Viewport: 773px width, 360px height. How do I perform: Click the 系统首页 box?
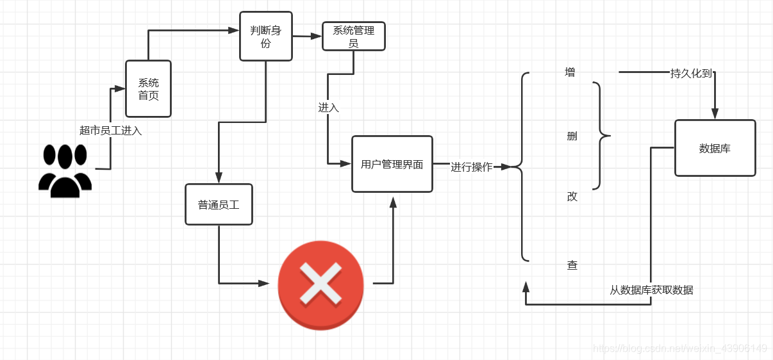pyautogui.click(x=148, y=89)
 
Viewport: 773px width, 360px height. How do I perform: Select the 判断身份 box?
pyautogui.click(x=265, y=37)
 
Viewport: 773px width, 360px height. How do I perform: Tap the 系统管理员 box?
pyautogui.click(x=353, y=37)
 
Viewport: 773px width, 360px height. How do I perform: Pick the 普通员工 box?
pyautogui.click(x=219, y=205)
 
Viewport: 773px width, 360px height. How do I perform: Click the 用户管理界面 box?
pyautogui.click(x=392, y=164)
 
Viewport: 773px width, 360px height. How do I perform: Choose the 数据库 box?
pyautogui.click(x=715, y=148)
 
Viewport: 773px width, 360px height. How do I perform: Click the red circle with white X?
pyautogui.click(x=320, y=285)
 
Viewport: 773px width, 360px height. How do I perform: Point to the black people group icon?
pyautogui.click(x=65, y=170)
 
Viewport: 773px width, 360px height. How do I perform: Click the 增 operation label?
pyautogui.click(x=570, y=72)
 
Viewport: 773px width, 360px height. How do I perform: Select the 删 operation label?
pyautogui.click(x=572, y=136)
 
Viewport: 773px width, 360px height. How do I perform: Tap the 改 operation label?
pyautogui.click(x=572, y=197)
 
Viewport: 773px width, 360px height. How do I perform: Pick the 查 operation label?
pyautogui.click(x=572, y=265)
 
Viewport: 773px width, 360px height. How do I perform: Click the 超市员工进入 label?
pyautogui.click(x=110, y=131)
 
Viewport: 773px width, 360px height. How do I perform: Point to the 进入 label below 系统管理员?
pyautogui.click(x=328, y=108)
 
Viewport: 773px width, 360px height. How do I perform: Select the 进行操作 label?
pyautogui.click(x=471, y=167)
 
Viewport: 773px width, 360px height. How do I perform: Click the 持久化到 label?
pyautogui.click(x=691, y=73)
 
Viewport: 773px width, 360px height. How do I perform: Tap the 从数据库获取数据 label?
pyautogui.click(x=651, y=290)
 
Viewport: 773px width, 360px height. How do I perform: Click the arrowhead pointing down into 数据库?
pyautogui.click(x=715, y=114)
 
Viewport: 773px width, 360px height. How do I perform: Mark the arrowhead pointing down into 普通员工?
pyautogui.click(x=219, y=178)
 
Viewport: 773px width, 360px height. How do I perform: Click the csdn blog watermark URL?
pyautogui.click(x=679, y=348)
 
